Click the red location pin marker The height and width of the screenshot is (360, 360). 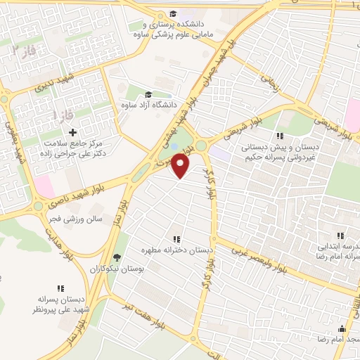coord(181,166)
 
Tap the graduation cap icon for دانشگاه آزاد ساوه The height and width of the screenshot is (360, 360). coord(148,95)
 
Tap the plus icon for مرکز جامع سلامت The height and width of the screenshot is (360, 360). coord(73,132)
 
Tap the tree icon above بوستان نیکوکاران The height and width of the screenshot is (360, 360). coord(117,257)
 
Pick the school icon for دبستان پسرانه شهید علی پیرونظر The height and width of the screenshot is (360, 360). coord(59,288)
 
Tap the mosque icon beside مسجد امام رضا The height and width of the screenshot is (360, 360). coord(342,328)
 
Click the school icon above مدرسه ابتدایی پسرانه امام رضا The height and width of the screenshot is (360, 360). coord(340,236)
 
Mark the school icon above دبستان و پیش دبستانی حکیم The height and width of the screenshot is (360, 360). coord(279,136)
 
